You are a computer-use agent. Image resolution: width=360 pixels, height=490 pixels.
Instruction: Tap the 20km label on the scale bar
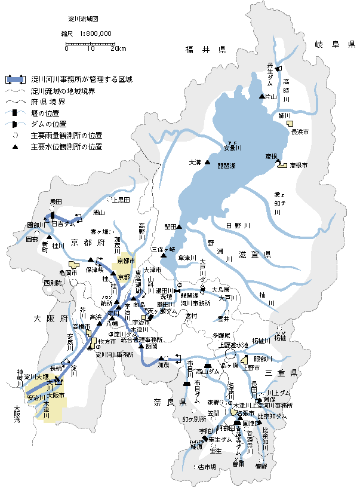[x=118, y=49]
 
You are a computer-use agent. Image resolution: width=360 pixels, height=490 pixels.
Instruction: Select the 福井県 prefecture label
[x=205, y=50]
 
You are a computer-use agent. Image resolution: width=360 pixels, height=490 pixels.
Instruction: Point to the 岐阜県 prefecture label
[x=335, y=44]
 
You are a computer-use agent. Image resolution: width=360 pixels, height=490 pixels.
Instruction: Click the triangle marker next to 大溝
[x=207, y=163]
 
